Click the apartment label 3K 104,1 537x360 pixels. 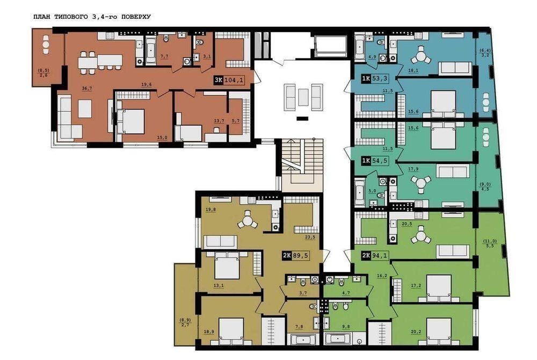point(229,81)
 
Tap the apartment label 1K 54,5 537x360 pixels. point(375,161)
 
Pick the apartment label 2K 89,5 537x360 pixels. point(296,256)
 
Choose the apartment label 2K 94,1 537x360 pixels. point(375,256)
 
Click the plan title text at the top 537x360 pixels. point(92,17)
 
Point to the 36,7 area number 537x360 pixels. point(87,88)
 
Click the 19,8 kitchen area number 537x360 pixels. point(211,210)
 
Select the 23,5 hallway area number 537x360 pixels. point(310,237)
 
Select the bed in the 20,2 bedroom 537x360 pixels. point(439,331)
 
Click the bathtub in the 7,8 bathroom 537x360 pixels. point(303,340)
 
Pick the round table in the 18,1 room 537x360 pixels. point(420,56)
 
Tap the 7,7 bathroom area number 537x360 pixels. point(164,56)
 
